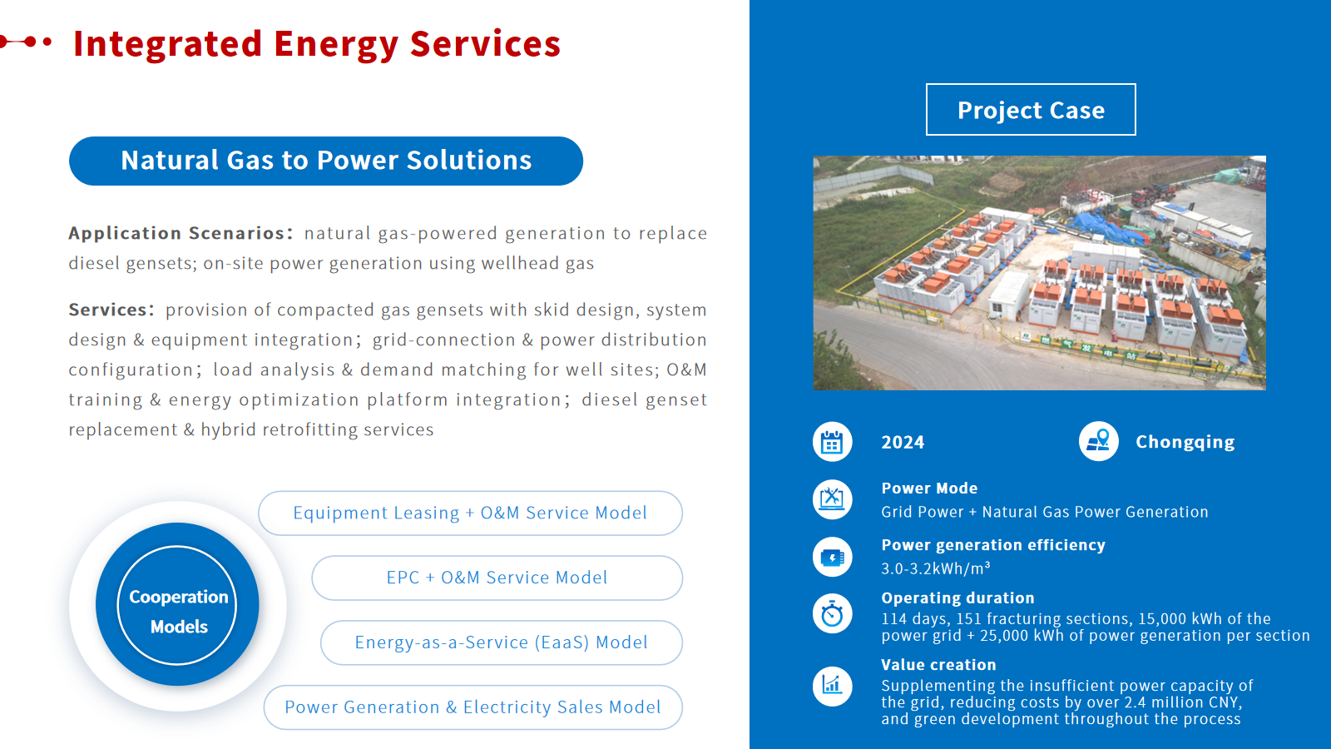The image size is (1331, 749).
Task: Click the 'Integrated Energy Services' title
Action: (317, 44)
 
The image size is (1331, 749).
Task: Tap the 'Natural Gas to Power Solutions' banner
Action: (325, 161)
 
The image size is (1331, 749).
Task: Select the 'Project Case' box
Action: (1031, 109)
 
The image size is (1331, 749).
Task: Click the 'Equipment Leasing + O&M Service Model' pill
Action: (470, 513)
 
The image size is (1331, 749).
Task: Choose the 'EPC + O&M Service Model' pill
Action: (497, 578)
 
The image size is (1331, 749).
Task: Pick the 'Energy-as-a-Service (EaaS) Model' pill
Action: (501, 642)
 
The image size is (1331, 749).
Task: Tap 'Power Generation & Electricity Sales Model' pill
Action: (473, 707)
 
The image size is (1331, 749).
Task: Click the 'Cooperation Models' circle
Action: (178, 604)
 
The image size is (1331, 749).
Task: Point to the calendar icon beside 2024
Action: (832, 442)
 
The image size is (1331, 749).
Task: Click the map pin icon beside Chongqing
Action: (1098, 442)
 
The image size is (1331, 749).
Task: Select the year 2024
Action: (903, 442)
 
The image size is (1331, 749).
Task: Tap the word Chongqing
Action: (1185, 442)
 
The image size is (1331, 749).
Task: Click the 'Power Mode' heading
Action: (929, 488)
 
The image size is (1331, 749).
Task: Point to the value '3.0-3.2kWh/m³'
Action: (935, 568)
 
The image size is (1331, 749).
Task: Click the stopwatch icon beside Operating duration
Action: (832, 614)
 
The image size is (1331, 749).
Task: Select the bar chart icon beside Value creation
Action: (832, 687)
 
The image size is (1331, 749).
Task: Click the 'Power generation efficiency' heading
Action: (993, 545)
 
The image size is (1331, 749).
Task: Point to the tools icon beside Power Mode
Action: (832, 499)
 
